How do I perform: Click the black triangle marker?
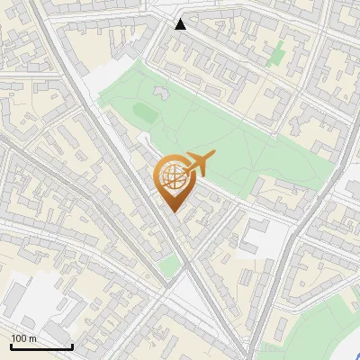click(x=181, y=24)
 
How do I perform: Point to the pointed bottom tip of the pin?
click(x=173, y=211)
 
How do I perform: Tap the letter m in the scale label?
click(x=33, y=337)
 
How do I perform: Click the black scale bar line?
click(x=40, y=346)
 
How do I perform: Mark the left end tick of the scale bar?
click(x=11, y=345)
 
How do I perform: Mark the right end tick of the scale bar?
click(x=71, y=345)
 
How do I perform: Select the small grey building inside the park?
click(x=161, y=92)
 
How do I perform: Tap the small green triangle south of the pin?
click(x=169, y=264)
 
